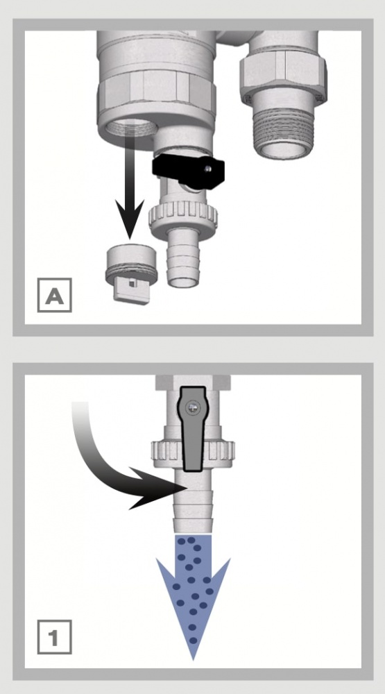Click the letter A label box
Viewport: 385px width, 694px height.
click(54, 295)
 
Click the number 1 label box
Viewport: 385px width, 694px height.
click(54, 637)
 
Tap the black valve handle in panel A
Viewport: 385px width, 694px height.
click(188, 171)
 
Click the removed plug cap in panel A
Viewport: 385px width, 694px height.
click(131, 273)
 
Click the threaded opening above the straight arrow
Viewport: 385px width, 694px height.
click(132, 128)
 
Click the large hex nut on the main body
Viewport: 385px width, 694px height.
click(156, 93)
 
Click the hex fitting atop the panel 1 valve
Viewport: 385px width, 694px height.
click(194, 382)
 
